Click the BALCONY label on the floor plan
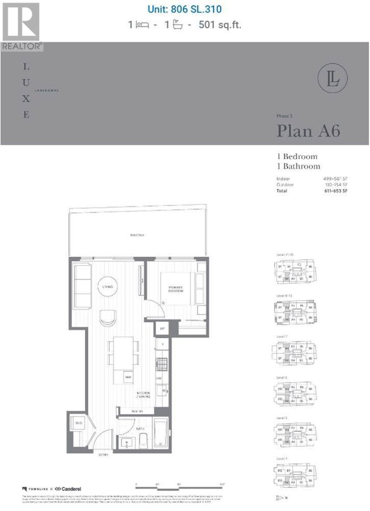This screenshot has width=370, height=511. pyautogui.click(x=137, y=235)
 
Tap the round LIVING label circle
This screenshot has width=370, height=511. pyautogui.click(x=107, y=287)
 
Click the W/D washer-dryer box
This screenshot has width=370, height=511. pyautogui.click(x=79, y=424)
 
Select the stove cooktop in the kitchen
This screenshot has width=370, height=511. pyautogui.click(x=161, y=364)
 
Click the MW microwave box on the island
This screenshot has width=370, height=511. pyautogui.click(x=128, y=377)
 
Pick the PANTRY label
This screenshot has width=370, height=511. pyautogui.click(x=138, y=412)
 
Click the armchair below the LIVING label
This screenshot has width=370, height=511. pyautogui.click(x=108, y=318)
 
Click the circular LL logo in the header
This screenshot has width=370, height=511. pyautogui.click(x=332, y=80)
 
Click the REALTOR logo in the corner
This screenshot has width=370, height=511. pyautogui.click(x=21, y=26)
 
